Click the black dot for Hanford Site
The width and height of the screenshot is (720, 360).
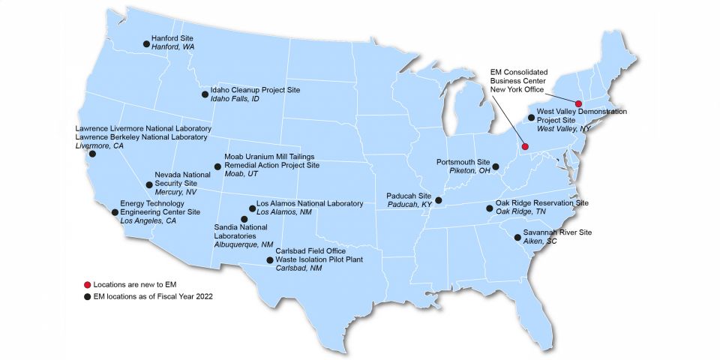146,43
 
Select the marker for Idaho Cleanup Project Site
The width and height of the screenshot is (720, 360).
205,94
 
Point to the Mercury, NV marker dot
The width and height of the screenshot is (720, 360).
149,184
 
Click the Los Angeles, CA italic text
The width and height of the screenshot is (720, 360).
148,221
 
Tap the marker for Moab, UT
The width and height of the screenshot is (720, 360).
218,166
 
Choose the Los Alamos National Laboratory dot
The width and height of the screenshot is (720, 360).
252,208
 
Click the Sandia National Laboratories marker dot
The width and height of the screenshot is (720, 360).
244,219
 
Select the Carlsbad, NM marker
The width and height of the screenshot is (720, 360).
270,260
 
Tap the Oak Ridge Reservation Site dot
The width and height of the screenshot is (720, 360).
490,208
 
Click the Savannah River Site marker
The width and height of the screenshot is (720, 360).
517,237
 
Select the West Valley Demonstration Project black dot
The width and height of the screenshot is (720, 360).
531,118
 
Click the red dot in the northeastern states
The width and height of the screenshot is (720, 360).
579,103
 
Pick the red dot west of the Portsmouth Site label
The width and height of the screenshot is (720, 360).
525,145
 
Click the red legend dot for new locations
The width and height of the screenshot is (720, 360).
87,285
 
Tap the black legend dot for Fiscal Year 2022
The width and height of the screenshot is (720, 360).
87,296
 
